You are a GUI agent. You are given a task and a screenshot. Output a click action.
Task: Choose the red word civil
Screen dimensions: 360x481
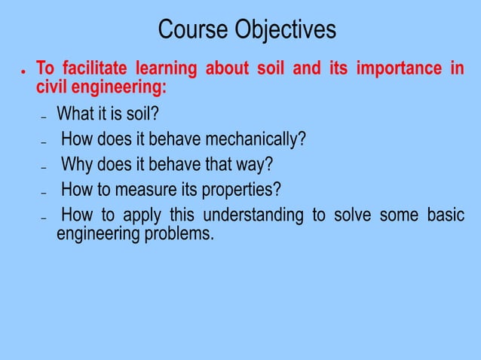(x=51, y=87)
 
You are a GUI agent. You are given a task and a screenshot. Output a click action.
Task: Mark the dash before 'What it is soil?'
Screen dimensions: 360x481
(x=43, y=117)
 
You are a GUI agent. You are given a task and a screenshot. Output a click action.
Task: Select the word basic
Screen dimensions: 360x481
(x=446, y=215)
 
